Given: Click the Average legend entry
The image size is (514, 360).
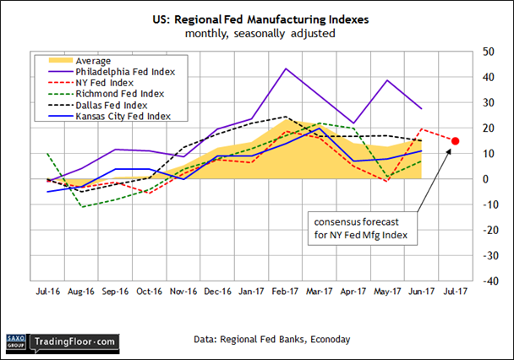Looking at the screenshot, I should click(95, 61).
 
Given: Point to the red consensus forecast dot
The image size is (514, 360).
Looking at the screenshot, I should click(456, 141).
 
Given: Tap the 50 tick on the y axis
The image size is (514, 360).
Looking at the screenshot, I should click(488, 52).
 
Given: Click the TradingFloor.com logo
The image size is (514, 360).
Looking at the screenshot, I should click(72, 341).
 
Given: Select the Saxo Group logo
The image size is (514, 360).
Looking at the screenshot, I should click(17, 341).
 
